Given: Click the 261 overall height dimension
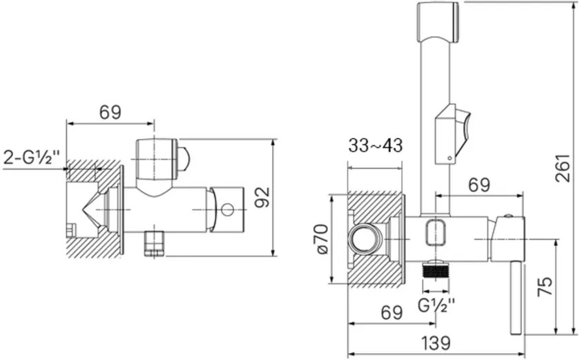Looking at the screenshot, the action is (x=562, y=168).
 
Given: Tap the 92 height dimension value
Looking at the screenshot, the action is (x=263, y=197).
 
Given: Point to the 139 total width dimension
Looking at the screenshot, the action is (x=436, y=343).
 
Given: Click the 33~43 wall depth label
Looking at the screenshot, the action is (x=375, y=146).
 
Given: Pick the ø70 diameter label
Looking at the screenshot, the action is (x=322, y=238).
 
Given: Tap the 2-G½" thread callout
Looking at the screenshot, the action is (x=32, y=158).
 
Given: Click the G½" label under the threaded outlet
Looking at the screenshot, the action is (x=436, y=305).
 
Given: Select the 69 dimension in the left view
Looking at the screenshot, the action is (x=110, y=112).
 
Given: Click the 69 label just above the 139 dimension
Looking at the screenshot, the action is (x=391, y=312).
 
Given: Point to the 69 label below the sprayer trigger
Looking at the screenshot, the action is (x=479, y=185).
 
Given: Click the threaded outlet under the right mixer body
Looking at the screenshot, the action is (x=436, y=269).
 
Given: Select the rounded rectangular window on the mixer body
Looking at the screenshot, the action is (x=436, y=232).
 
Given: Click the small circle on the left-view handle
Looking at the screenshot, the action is (x=227, y=210).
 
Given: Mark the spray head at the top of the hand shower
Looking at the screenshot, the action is (x=438, y=21).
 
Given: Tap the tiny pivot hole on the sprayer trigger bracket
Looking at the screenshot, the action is (x=449, y=158).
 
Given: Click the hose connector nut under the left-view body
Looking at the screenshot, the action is (x=154, y=243).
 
